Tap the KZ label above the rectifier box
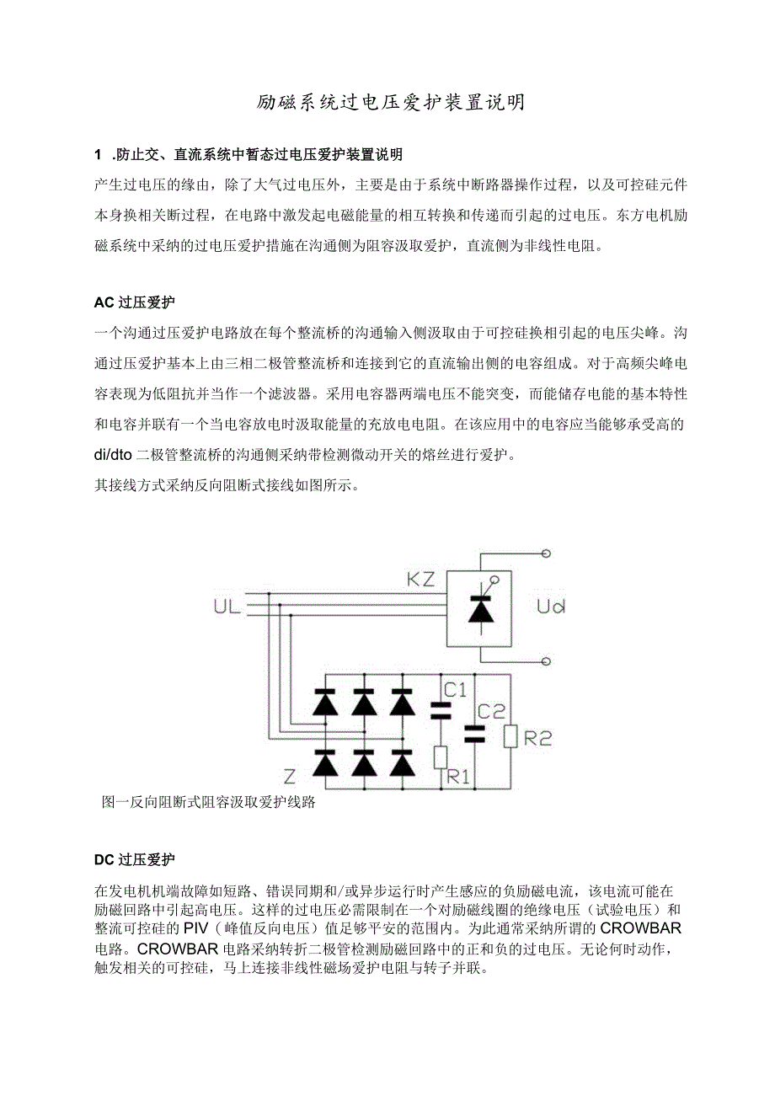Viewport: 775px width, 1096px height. (x=421, y=580)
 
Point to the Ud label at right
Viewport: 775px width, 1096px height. (x=551, y=607)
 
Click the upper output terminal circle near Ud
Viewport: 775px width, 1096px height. (x=546, y=553)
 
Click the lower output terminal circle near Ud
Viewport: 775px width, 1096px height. (x=546, y=661)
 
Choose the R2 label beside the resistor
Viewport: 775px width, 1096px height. (x=537, y=738)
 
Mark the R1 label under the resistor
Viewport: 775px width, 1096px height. (x=457, y=777)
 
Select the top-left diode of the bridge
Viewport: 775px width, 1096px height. (x=323, y=701)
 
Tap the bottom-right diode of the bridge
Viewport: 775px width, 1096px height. (x=404, y=764)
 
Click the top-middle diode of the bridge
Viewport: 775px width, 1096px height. (x=363, y=701)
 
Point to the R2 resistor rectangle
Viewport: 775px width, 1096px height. (x=510, y=735)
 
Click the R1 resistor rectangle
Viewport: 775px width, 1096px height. (x=440, y=757)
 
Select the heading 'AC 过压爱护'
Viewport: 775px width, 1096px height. (x=135, y=301)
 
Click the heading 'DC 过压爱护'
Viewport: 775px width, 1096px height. (x=135, y=859)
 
